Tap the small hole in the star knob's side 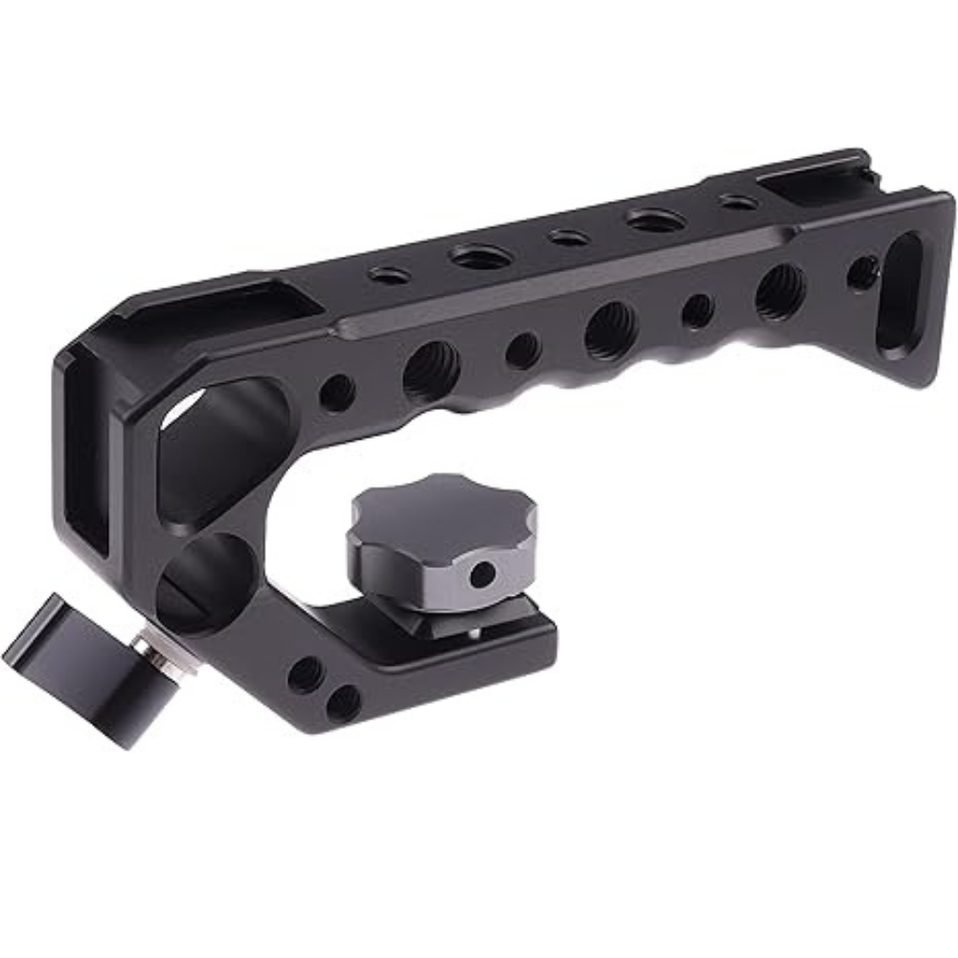click(483, 575)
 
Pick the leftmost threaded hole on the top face click(389, 275)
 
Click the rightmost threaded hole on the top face click(738, 202)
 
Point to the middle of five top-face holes click(566, 237)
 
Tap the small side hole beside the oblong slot click(862, 273)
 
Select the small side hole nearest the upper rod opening click(336, 393)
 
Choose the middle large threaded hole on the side click(611, 331)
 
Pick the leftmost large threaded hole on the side click(431, 370)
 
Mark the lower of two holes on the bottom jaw click(343, 703)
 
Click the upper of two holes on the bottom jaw click(306, 674)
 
